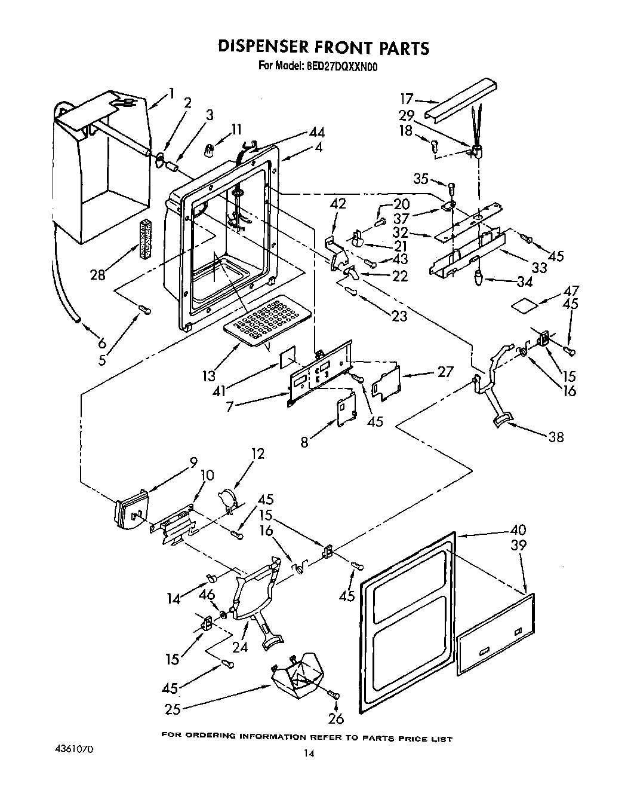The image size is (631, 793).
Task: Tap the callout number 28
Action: click(x=97, y=274)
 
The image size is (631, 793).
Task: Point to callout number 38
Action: click(x=556, y=437)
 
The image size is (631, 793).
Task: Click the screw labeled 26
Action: click(x=334, y=695)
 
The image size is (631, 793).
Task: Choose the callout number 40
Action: click(x=518, y=529)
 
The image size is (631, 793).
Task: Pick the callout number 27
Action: click(x=445, y=372)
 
